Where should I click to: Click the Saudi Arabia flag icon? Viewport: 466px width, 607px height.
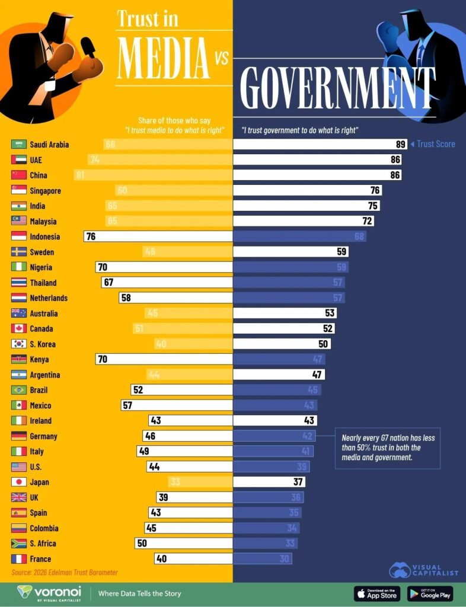18,145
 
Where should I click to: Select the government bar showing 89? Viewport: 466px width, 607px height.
320,145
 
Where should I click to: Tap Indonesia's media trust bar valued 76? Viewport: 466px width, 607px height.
158,237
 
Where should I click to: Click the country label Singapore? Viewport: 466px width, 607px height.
45,191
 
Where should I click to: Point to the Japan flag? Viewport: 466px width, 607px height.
18,482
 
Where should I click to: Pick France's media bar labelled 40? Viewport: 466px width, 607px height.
193,558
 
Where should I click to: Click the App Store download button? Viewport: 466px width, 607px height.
377,593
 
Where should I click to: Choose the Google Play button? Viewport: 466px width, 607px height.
430,593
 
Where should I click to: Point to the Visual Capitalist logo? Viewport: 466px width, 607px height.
423,570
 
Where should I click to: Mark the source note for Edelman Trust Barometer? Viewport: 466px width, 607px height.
65,573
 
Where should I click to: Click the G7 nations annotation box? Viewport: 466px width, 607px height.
388,448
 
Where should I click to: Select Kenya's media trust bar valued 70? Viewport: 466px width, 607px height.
164,359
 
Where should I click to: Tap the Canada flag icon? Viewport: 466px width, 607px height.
18,328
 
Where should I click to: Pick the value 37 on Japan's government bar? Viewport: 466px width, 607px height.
298,482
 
